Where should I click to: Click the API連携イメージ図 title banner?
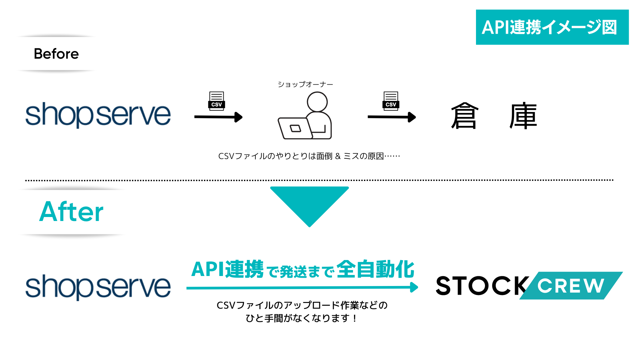point(552,27)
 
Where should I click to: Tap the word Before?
point(56,54)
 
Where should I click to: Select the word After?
point(71,212)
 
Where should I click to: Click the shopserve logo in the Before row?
point(98,115)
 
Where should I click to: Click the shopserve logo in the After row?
point(98,287)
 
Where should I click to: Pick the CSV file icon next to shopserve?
point(217,101)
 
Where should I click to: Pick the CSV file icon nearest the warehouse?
point(391,101)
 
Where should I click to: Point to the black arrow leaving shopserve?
point(218,117)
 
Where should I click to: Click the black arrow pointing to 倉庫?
point(392,117)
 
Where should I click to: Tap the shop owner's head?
point(317,102)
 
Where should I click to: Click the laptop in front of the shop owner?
point(295,128)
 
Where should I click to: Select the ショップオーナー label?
point(305,84)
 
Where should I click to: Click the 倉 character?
point(465,116)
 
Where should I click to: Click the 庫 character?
point(523,116)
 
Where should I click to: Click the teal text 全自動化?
point(375,269)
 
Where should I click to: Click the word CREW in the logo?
point(571,286)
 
